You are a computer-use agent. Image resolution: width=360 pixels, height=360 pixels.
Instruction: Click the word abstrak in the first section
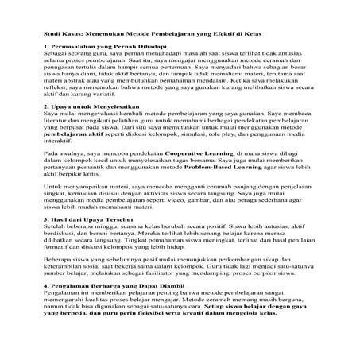(x=75, y=81)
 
